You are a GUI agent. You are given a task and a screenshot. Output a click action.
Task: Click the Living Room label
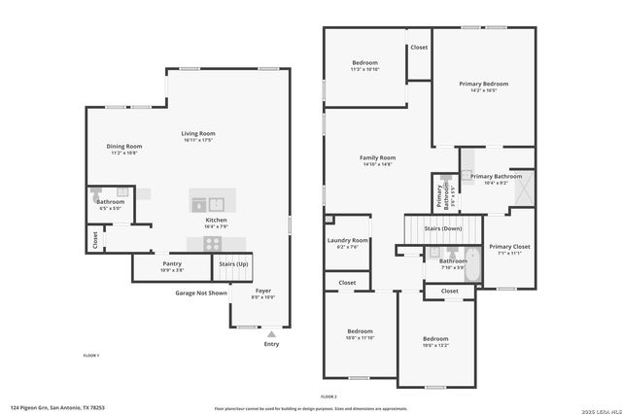coord(197,133)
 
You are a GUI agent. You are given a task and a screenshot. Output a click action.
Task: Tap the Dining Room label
coord(124,146)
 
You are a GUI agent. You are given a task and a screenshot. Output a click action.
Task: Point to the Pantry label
coord(172,263)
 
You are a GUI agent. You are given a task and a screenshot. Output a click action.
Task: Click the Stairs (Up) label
coord(233,263)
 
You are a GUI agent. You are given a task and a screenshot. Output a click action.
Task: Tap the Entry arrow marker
coord(270,333)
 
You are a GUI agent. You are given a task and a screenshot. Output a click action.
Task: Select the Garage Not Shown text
coord(201,293)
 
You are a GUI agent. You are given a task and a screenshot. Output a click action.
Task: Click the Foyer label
coord(262,290)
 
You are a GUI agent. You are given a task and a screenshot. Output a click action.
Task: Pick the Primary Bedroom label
coord(483,85)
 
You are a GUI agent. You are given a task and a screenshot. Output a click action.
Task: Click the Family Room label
coord(377,157)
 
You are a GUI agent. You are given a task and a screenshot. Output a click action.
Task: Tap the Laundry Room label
coord(347,240)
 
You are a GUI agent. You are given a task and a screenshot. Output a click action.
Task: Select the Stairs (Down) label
coord(442,228)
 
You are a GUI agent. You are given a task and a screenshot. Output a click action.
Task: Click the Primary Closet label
coord(508,247)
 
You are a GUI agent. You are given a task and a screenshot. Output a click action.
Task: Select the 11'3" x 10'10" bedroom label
coord(364,63)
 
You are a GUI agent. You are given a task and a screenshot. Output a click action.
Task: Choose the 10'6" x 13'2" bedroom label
coord(435,338)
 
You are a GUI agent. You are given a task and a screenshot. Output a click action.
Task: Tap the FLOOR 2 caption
coord(328,397)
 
